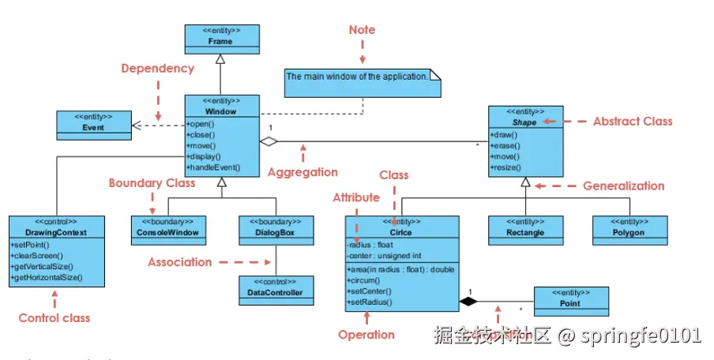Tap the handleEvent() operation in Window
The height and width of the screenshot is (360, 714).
pyautogui.click(x=213, y=167)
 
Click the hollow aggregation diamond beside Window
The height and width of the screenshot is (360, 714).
pyautogui.click(x=270, y=142)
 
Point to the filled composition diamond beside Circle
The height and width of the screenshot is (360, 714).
pyautogui.click(x=468, y=302)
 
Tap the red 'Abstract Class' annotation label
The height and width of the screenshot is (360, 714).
pyautogui.click(x=633, y=122)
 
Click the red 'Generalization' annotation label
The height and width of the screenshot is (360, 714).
pyautogui.click(x=623, y=186)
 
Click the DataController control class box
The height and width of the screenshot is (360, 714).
pyautogui.click(x=270, y=287)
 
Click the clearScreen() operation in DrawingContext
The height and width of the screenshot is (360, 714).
pyautogui.click(x=37, y=256)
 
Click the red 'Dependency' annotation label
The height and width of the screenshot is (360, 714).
pyautogui.click(x=157, y=69)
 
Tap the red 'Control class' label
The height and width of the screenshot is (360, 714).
pyautogui.click(x=54, y=318)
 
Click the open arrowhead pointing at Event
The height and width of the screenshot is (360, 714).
pyautogui.click(x=137, y=125)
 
